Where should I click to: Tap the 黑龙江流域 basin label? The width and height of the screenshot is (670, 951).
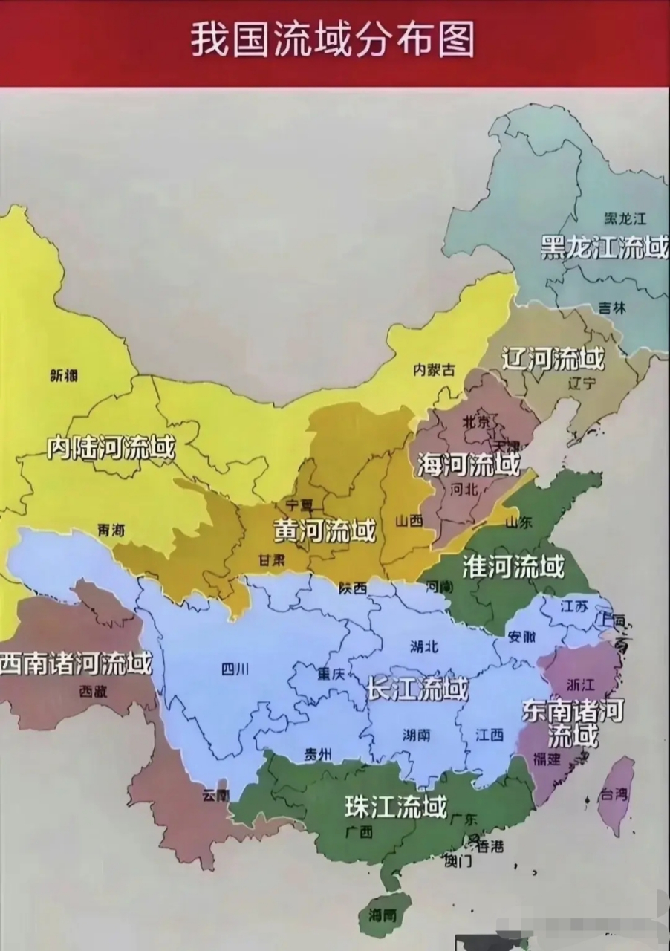coord(604,247)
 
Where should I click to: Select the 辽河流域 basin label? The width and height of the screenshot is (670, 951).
coord(553,360)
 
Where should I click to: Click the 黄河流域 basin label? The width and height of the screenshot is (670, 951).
coord(325,530)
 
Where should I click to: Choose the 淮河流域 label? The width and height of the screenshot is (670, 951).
coord(513,567)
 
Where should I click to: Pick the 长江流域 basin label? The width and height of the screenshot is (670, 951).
coord(417,689)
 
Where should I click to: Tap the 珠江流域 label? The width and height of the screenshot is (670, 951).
coord(395,806)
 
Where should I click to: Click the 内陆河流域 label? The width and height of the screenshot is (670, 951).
coord(111,447)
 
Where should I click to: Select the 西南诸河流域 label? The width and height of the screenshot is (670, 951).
coord(75,663)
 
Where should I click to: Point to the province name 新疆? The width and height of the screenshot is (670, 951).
coord(64,376)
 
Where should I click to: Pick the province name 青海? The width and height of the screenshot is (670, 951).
coord(111,530)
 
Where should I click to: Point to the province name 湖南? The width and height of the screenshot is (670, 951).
coord(417,735)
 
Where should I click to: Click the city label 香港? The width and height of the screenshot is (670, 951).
coord(490,845)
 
